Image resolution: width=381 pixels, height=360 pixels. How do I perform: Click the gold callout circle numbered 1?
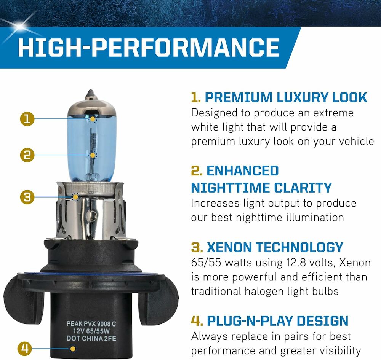pyautogui.click(x=27, y=119)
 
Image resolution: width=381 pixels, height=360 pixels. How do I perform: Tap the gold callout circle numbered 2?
pyautogui.click(x=27, y=155)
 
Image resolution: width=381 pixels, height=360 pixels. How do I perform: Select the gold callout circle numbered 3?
pyautogui.click(x=27, y=197)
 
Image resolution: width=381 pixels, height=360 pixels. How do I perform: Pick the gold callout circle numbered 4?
pyautogui.click(x=25, y=349)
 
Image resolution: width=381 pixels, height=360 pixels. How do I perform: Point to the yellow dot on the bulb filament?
pyautogui.click(x=93, y=155)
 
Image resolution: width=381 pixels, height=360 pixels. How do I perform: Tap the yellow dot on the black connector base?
pyautogui.click(x=72, y=349)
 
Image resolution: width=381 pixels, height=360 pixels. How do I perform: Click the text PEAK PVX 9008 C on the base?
pyautogui.click(x=91, y=324)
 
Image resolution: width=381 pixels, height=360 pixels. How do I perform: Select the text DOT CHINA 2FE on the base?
pyautogui.click(x=91, y=338)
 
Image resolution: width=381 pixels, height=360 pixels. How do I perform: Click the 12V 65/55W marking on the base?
pyautogui.click(x=91, y=331)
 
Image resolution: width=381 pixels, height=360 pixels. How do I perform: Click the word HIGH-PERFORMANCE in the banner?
pyautogui.click(x=149, y=47)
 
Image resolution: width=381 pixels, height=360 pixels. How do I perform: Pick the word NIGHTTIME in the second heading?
pyautogui.click(x=231, y=188)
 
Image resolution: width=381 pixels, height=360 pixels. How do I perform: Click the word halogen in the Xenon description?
pyautogui.click(x=264, y=291)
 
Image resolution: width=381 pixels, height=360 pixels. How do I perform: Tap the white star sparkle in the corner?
pyautogui.click(x=19, y=25)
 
